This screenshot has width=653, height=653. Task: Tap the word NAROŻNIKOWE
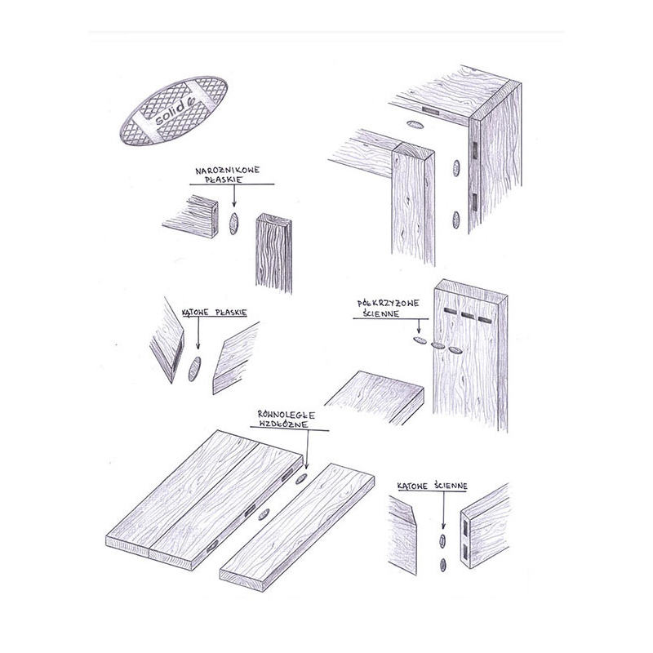[228, 170]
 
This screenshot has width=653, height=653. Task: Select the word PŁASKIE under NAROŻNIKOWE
[225, 180]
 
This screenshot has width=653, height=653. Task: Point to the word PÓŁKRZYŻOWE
[389, 303]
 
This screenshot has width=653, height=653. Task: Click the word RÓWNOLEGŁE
[287, 415]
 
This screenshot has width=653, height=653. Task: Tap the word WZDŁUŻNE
[283, 424]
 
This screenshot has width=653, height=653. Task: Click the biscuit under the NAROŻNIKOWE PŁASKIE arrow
[233, 223]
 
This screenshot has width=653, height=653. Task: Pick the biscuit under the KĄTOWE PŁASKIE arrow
[194, 369]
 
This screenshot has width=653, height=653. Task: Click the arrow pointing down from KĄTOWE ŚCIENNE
[443, 510]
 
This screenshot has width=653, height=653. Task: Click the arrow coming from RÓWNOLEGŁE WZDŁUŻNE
[308, 451]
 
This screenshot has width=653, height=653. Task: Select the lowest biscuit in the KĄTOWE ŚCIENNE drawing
[443, 565]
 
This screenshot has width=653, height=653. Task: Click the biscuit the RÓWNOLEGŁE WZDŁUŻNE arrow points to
[301, 479]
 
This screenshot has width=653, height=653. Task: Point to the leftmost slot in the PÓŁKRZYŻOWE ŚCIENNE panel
[450, 311]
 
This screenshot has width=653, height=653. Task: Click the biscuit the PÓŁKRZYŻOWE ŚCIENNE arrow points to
[420, 340]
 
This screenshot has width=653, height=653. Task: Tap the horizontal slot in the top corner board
[431, 111]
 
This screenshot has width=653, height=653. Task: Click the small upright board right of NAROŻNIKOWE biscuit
[273, 253]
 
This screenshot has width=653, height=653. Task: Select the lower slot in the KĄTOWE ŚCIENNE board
[465, 552]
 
